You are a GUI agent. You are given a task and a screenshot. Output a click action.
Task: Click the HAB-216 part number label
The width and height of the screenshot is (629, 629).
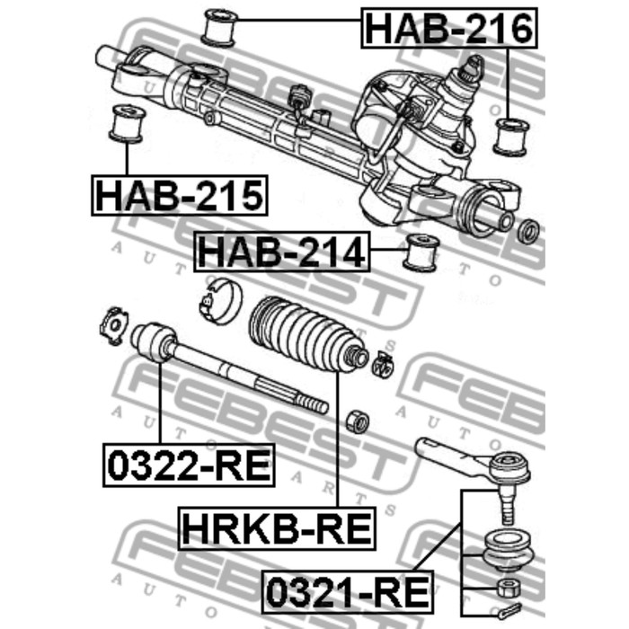449,28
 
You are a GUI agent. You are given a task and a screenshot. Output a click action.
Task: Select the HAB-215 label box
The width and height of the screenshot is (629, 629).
180,195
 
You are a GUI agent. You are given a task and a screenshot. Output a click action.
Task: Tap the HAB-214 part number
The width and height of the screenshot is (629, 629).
282,252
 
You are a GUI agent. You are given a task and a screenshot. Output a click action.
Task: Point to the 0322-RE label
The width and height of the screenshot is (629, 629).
189,465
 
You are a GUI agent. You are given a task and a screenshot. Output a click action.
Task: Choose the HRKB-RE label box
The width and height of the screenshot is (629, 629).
277,528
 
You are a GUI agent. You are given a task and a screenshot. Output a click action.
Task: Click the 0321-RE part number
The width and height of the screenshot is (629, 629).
348,592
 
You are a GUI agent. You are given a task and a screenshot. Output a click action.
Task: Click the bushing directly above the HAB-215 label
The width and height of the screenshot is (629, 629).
127,124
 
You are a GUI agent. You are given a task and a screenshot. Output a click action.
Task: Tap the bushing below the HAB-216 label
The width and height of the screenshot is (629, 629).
511,137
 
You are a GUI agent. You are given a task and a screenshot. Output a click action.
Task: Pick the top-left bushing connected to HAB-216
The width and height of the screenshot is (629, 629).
219,27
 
